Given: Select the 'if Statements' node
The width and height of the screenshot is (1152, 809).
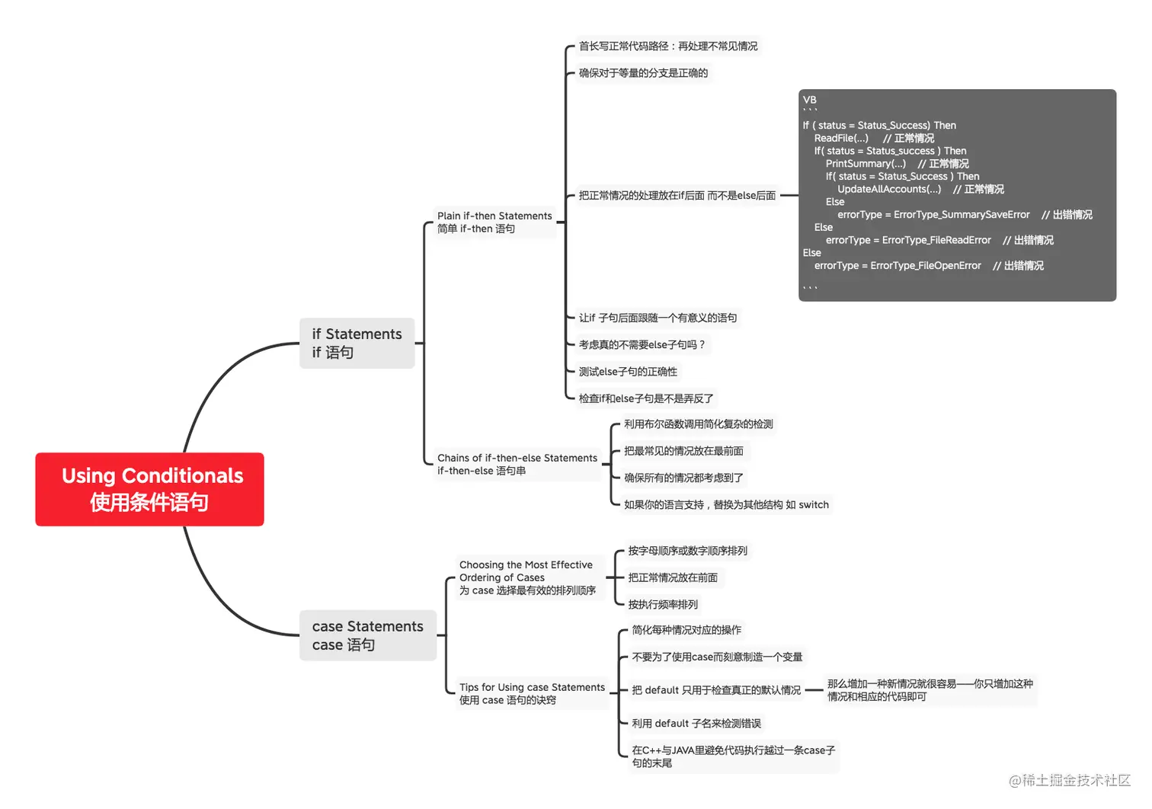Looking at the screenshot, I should tap(357, 343).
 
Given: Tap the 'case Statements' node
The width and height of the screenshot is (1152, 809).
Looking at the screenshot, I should tap(367, 635).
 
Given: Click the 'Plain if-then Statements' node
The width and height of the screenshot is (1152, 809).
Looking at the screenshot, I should tap(494, 222).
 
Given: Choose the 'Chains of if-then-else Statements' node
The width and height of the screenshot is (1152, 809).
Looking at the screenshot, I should tap(517, 464).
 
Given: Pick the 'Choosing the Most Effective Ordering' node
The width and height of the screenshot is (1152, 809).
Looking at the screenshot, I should tap(527, 577).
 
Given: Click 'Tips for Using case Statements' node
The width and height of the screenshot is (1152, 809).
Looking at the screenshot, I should tap(532, 693).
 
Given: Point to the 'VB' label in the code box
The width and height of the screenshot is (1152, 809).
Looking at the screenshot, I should tap(809, 100).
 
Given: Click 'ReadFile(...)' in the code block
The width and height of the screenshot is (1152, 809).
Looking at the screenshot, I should tap(841, 139).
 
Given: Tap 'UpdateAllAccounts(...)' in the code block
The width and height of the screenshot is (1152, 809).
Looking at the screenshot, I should tap(889, 190).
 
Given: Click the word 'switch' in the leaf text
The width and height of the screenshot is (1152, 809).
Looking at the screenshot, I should tap(814, 505).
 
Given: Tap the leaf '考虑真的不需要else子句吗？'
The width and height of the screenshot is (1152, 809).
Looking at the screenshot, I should tap(642, 345).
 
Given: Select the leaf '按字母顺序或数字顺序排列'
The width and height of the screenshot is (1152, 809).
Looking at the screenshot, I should tap(687, 551).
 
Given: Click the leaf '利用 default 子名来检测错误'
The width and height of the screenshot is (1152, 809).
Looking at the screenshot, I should tap(696, 724).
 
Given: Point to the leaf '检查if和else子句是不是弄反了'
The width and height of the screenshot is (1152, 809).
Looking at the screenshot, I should tap(646, 398).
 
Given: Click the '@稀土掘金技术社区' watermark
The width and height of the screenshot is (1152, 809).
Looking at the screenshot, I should tap(1070, 780).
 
